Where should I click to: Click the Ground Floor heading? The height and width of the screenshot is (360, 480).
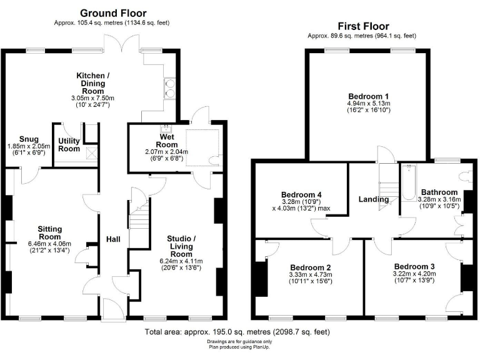[113, 12]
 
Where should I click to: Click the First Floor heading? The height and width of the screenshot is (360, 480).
[363, 26]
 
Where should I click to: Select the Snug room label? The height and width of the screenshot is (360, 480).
[29, 139]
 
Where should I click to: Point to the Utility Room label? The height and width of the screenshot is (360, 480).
[69, 145]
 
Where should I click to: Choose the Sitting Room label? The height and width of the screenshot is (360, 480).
[49, 233]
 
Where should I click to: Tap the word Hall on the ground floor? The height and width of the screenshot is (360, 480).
[113, 239]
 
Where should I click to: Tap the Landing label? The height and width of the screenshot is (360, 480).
[374, 199]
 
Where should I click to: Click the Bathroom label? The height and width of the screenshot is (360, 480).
[439, 192]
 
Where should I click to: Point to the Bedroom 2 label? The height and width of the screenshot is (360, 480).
[310, 267]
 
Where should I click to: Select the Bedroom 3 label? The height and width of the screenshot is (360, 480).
[414, 266]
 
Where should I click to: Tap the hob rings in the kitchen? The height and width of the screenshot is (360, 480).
[169, 88]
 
